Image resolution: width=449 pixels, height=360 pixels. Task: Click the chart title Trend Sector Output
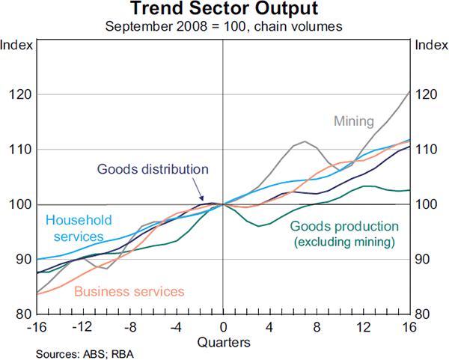(x=224, y=10)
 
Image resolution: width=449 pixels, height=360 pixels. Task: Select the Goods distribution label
(x=152, y=169)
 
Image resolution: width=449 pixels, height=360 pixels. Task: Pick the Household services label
(x=79, y=228)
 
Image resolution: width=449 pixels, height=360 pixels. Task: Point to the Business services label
(x=129, y=290)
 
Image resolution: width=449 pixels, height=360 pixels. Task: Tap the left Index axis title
(x=16, y=45)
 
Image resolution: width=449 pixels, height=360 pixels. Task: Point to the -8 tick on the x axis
(x=129, y=326)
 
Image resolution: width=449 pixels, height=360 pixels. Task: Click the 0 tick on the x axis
(x=223, y=326)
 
